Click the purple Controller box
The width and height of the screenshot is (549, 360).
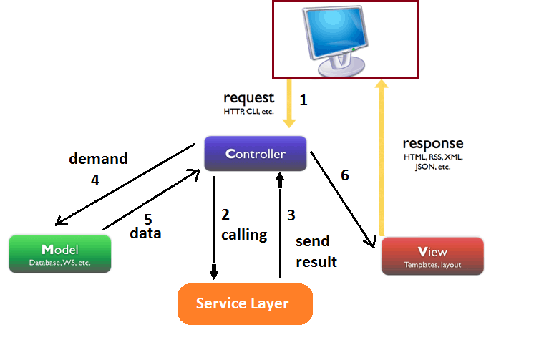tap(256, 154)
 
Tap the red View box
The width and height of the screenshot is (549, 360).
tap(432, 256)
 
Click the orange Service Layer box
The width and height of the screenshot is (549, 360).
tap(244, 304)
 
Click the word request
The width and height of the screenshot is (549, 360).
tap(248, 98)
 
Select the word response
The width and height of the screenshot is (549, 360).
tap(432, 143)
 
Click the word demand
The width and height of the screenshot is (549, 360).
tap(98, 158)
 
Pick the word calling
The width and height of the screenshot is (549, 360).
tap(243, 234)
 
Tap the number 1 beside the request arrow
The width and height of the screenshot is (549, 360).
tap(303, 101)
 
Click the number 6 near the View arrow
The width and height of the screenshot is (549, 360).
tap(344, 175)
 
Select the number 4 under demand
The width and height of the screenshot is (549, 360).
tap(94, 180)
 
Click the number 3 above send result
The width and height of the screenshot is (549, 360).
tap(291, 215)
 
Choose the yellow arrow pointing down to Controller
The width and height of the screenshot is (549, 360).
tap(289, 104)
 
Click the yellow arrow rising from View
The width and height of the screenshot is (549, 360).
tap(382, 157)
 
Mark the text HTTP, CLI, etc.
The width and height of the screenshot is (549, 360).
tap(248, 112)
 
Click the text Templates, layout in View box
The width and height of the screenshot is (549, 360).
tap(432, 265)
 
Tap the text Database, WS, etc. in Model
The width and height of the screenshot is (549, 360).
tap(60, 263)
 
